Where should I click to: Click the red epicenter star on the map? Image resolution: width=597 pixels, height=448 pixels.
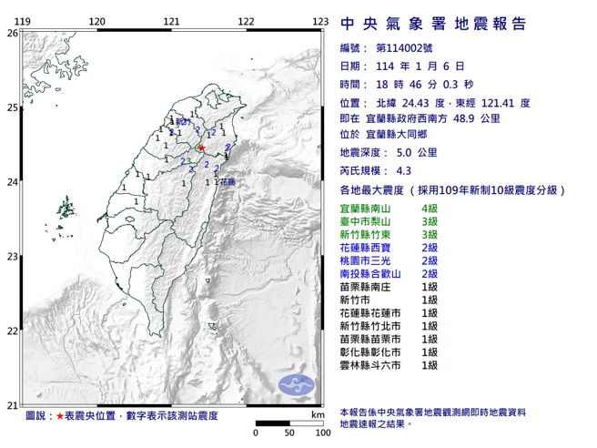[202, 148]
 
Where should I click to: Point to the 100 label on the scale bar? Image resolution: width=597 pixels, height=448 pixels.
[321, 433]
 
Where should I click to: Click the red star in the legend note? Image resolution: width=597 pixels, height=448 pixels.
[60, 415]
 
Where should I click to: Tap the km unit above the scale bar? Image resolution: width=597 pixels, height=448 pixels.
[317, 414]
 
